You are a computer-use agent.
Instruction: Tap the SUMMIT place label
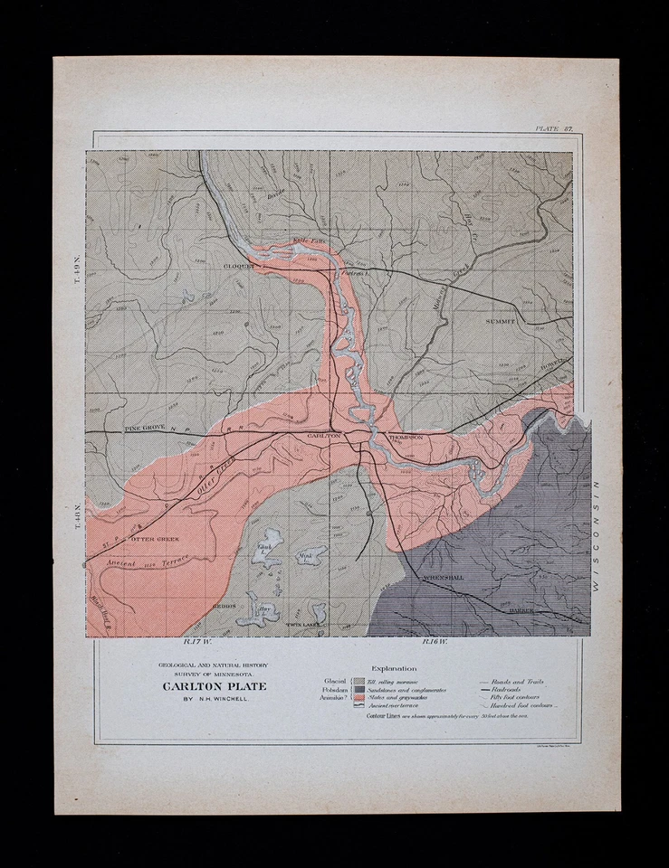(500, 321)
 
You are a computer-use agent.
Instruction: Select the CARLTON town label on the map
(323, 436)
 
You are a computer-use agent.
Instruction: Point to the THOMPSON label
(405, 437)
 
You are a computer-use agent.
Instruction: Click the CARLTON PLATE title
(215, 685)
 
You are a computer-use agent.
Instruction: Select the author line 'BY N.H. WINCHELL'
(215, 700)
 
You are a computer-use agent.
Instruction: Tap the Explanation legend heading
(394, 669)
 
